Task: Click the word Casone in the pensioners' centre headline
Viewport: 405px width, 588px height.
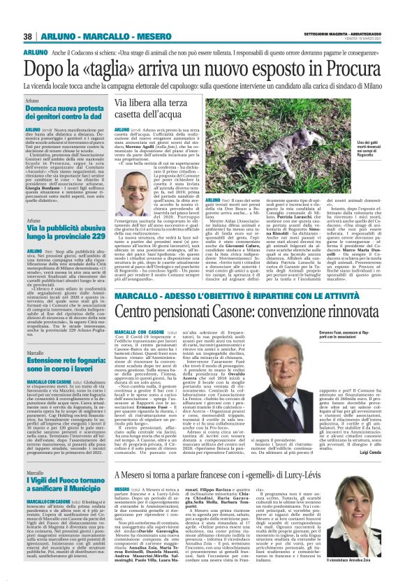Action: (x=229, y=309)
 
